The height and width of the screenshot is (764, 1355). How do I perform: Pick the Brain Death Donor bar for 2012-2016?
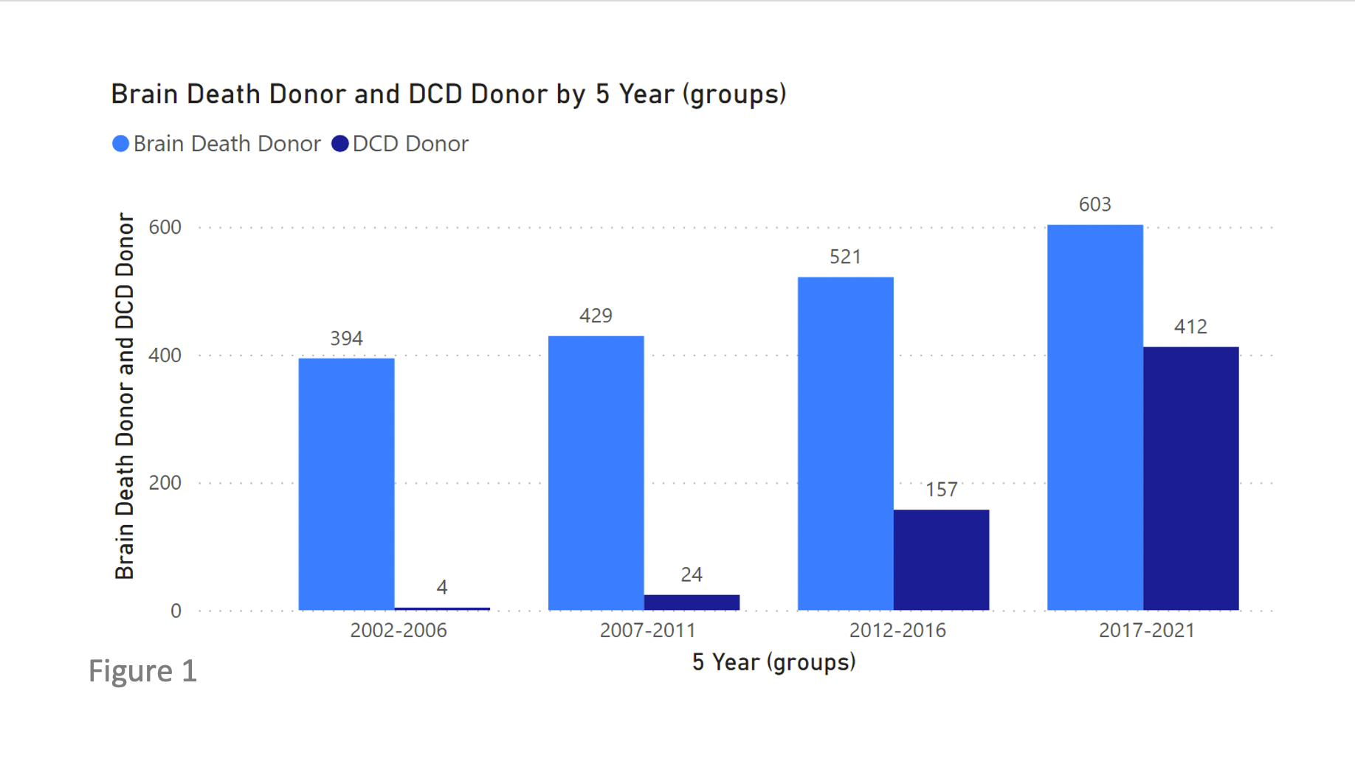845,443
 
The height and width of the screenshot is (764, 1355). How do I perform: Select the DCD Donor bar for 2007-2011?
692,602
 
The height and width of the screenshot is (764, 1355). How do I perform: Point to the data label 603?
1094,204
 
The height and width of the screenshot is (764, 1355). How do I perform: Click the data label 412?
1190,327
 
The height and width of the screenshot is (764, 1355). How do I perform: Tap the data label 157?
941,490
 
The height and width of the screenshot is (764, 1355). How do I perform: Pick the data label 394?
346,338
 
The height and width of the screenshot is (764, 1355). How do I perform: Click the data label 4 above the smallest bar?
441,587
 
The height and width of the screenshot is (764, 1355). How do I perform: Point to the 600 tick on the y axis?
165,227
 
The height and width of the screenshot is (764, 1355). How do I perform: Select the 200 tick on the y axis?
165,483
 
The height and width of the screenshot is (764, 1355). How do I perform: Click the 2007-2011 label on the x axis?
647,631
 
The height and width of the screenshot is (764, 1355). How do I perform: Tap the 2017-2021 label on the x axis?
1146,631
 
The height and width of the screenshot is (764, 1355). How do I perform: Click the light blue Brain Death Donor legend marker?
120,144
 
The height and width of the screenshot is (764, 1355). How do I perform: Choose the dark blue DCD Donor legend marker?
339,144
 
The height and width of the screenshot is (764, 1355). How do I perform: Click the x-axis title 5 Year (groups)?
773,662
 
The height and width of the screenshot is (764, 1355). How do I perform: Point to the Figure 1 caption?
142,671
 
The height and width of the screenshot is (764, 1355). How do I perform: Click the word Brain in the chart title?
145,94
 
